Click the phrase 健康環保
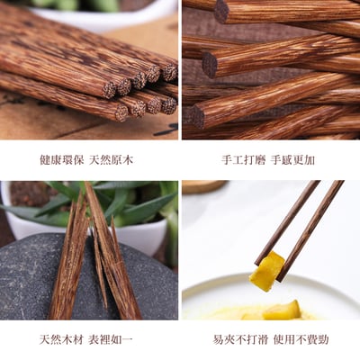tap(60, 160)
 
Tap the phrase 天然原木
tap(111, 160)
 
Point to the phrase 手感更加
tap(293, 160)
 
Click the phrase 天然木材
tap(60, 340)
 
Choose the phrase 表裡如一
tap(111, 340)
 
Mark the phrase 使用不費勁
tap(298, 340)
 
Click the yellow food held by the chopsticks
tap(266, 272)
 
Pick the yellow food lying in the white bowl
tap(282, 310)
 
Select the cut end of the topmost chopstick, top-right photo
tap(221, 11)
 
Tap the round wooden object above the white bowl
tap(205, 186)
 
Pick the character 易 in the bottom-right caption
tap(219, 340)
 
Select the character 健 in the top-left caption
tap(44, 160)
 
